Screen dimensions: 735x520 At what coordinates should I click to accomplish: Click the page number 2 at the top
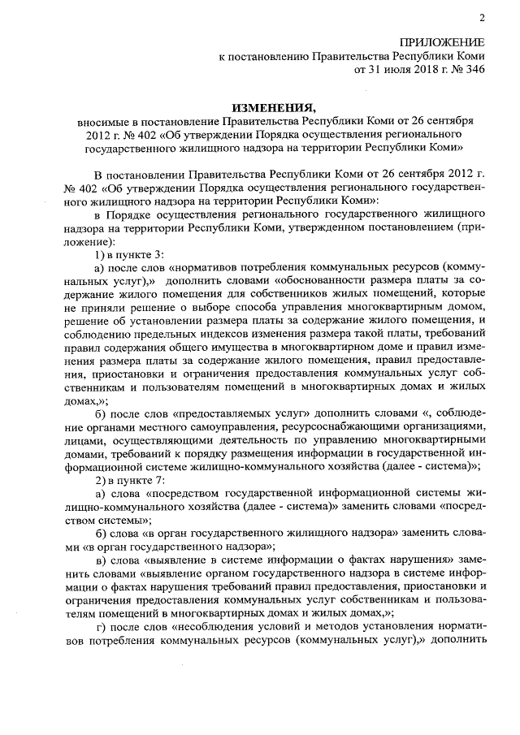[x=481, y=18]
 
